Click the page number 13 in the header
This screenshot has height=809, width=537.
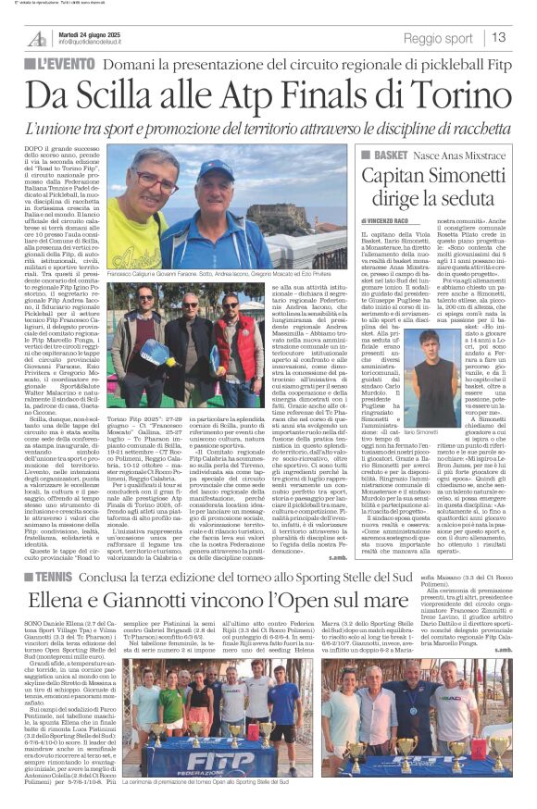click(x=499, y=38)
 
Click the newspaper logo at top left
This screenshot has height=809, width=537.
click(x=37, y=38)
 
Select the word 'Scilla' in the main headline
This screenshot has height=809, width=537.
click(x=136, y=95)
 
